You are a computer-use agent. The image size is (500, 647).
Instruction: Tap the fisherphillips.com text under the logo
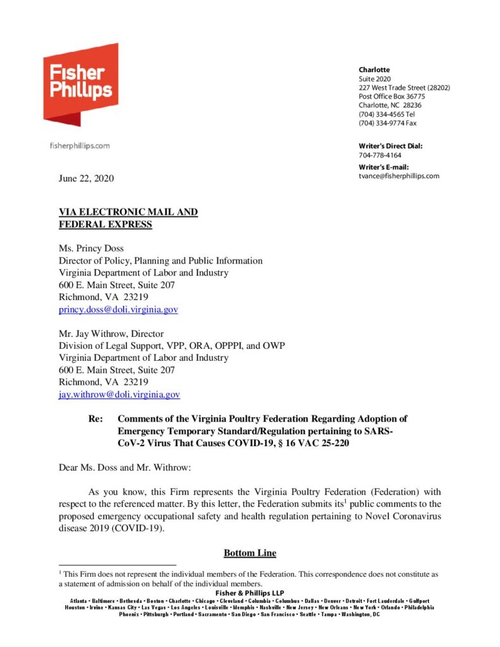[80, 146]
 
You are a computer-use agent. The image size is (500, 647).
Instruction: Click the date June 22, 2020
[86, 179]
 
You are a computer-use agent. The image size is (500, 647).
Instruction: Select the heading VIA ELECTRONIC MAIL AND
[128, 212]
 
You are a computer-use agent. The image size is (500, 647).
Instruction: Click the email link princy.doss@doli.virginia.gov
[118, 310]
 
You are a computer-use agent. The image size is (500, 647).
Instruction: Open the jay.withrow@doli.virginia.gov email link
[119, 394]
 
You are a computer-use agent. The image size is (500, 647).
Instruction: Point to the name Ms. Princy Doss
[93, 248]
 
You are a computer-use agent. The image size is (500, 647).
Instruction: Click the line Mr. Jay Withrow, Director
[111, 333]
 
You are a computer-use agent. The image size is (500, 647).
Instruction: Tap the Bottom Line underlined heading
[250, 553]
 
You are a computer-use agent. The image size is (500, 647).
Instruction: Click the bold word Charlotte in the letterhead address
[374, 70]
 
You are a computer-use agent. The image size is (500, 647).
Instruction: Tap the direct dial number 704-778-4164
[380, 155]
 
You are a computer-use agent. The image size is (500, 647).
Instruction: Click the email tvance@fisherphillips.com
[399, 176]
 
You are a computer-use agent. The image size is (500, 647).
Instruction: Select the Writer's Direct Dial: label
[390, 146]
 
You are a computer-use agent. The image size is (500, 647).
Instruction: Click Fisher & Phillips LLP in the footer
[250, 592]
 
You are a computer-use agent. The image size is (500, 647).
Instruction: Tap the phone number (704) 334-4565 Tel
[387, 114]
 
